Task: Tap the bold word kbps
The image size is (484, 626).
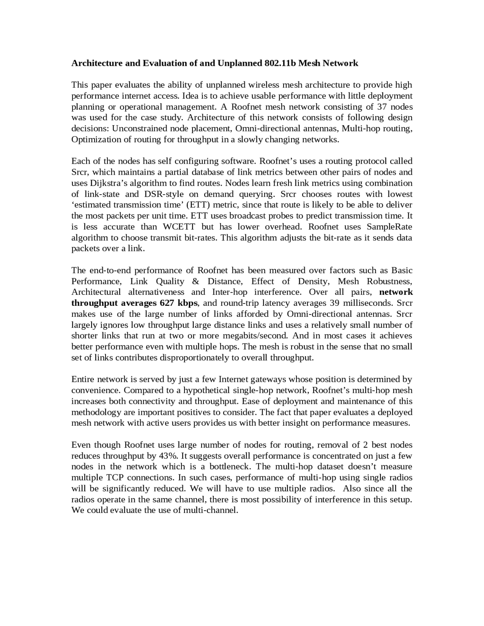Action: point(188,303)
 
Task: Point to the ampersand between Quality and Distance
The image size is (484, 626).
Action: point(195,282)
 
